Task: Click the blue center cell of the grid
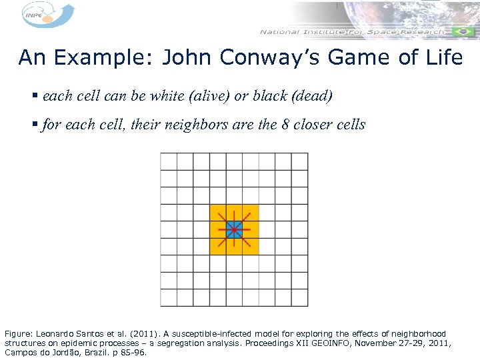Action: click(x=234, y=230)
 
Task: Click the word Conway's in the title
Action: click(x=253, y=58)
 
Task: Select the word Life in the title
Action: click(x=442, y=58)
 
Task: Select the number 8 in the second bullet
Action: click(x=286, y=124)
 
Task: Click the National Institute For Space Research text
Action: click(x=352, y=32)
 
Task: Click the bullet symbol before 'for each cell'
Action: click(x=34, y=125)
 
